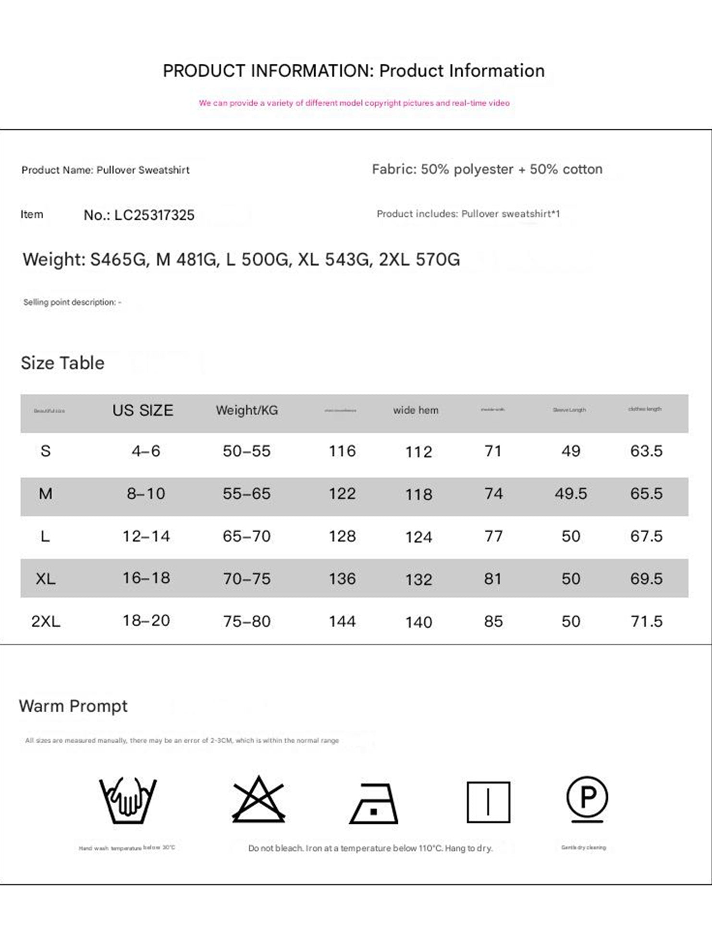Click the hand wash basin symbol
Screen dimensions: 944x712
[128, 800]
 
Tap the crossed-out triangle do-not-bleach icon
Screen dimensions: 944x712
[258, 799]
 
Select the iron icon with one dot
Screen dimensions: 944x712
[374, 804]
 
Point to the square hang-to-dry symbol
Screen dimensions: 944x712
[488, 802]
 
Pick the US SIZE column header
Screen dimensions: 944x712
[143, 411]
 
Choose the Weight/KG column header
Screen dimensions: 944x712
[247, 411]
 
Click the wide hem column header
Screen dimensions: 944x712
[416, 411]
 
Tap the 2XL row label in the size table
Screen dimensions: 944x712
[46, 621]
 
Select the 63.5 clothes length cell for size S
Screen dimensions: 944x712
[646, 451]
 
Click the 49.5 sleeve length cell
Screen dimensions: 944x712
[571, 494]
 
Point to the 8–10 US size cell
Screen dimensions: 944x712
[146, 494]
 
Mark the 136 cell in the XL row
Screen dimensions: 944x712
[342, 579]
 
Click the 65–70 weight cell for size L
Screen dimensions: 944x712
[246, 536]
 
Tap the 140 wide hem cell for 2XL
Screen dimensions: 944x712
[418, 622]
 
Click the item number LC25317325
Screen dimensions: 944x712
[154, 215]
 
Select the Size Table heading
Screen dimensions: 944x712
[62, 363]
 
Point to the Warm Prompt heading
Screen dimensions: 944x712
[73, 706]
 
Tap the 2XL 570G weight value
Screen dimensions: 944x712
[419, 259]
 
